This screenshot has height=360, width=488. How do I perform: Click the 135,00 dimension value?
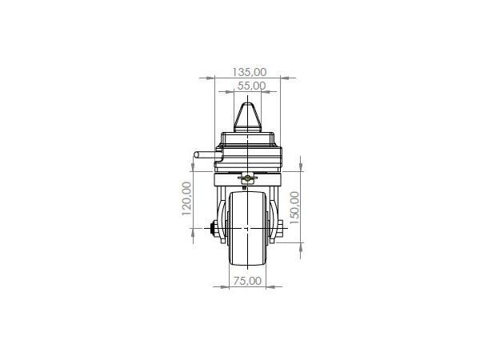[250, 72]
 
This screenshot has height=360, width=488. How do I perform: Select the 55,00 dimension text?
[252, 86]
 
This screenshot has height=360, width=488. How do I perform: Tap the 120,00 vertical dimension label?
[186, 198]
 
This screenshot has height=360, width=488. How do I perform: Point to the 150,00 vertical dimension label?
[294, 207]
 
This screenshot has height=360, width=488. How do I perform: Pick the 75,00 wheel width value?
[247, 281]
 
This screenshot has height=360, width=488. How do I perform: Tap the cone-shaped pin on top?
[247, 118]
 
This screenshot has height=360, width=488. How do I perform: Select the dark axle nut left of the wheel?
[214, 229]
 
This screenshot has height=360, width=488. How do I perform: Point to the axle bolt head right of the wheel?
[279, 229]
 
